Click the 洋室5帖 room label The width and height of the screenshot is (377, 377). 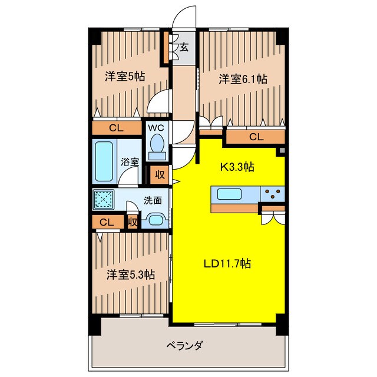tap(125, 77)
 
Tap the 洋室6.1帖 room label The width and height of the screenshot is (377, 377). tap(243, 78)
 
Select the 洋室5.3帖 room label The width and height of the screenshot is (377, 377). tap(131, 275)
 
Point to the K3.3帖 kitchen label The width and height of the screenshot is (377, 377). tap(237, 167)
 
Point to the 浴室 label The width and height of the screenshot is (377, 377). tap(130, 161)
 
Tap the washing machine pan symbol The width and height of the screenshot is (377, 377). tap(104, 200)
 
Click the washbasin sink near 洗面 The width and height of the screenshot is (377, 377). tap(156, 219)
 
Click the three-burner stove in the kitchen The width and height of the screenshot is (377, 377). tap(272, 193)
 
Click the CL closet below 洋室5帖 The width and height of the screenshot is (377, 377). tap(115, 127)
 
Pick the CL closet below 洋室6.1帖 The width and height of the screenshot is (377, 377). tap(255, 137)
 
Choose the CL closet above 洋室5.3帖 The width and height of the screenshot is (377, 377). tap(106, 222)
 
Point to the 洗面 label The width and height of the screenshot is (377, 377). tap(153, 200)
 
